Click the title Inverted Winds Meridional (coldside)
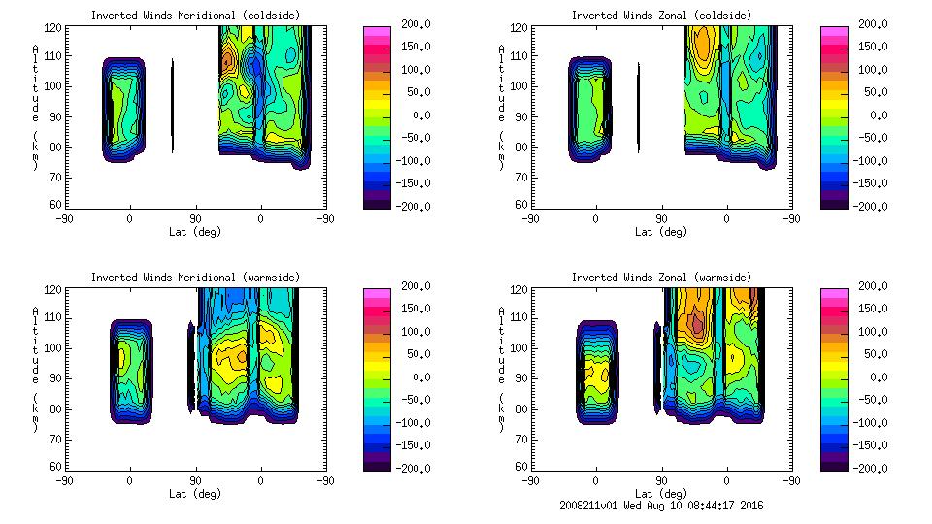195,16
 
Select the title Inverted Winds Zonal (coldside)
660,16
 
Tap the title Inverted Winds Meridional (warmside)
195,278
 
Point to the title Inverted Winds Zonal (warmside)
660,278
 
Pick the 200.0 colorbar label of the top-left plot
409,23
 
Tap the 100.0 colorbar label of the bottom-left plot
409,332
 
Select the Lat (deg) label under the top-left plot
195,232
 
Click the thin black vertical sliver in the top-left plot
173,107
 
